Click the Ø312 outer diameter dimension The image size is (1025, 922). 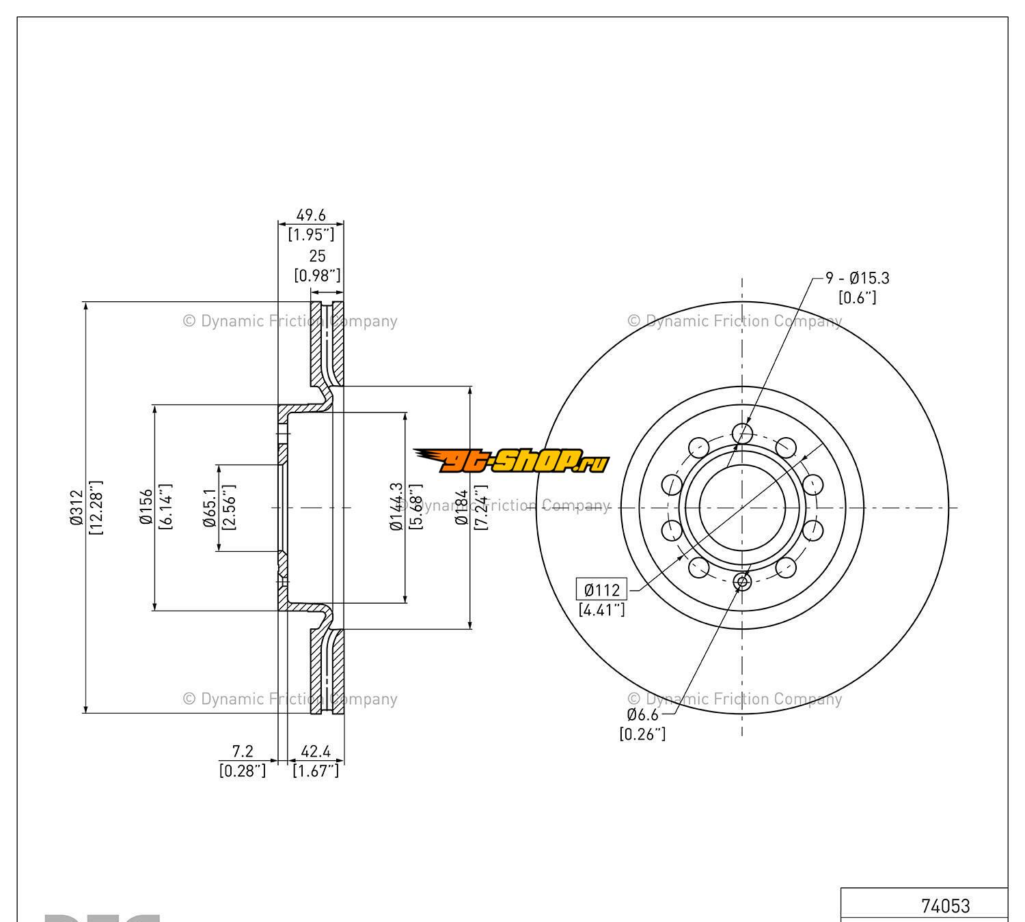point(75,507)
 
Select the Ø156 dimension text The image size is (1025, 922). point(146,507)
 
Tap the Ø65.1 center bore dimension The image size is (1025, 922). point(210,507)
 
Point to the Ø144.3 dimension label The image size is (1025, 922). point(396,507)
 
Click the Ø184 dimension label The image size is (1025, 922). point(462,507)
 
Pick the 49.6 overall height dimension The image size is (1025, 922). point(310,215)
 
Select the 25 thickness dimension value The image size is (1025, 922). point(317,256)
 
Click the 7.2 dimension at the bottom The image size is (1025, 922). point(243,751)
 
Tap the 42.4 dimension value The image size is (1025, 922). point(316,751)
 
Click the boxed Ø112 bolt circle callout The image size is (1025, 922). point(601,589)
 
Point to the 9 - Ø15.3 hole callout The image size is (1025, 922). point(858,278)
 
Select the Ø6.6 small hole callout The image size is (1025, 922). point(642,714)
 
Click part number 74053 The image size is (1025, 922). point(945,906)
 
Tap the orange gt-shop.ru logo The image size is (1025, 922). point(510,461)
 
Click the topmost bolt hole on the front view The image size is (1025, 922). point(742,432)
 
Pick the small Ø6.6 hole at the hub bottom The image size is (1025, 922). point(742,581)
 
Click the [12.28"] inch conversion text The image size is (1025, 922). point(96,507)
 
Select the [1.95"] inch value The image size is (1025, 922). point(311,234)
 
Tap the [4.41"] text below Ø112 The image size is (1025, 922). point(601,609)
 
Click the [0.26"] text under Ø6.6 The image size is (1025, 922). point(642,734)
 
